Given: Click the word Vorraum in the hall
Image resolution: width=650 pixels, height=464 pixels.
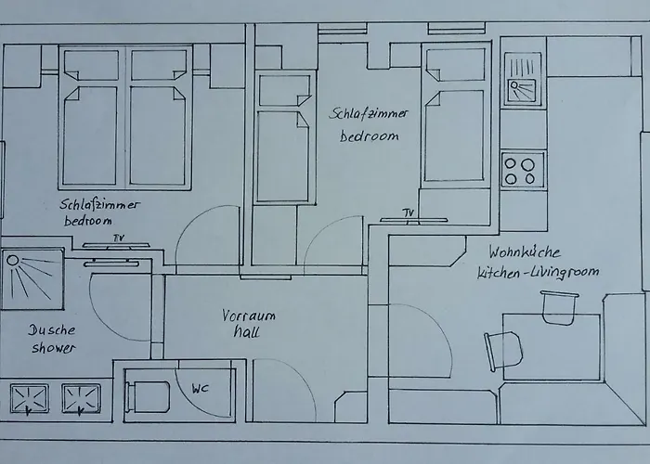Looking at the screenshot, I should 248,316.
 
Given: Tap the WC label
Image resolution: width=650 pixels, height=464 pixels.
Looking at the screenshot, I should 200,387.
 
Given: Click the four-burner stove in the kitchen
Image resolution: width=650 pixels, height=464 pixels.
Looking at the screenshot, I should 522,170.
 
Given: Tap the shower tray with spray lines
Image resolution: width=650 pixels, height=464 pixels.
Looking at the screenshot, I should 32,279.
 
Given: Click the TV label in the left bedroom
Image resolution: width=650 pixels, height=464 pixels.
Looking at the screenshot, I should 118,238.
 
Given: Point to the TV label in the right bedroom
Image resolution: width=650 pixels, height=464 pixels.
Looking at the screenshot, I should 409,213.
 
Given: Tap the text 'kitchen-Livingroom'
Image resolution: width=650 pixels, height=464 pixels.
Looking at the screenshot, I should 538,272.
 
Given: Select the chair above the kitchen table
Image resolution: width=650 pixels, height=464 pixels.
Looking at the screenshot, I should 559,307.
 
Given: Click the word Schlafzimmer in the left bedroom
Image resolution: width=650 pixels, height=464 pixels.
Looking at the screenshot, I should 99,205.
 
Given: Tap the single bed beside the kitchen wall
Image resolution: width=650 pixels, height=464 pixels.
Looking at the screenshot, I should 455,130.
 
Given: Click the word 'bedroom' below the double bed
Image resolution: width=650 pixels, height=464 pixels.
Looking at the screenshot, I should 88,221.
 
